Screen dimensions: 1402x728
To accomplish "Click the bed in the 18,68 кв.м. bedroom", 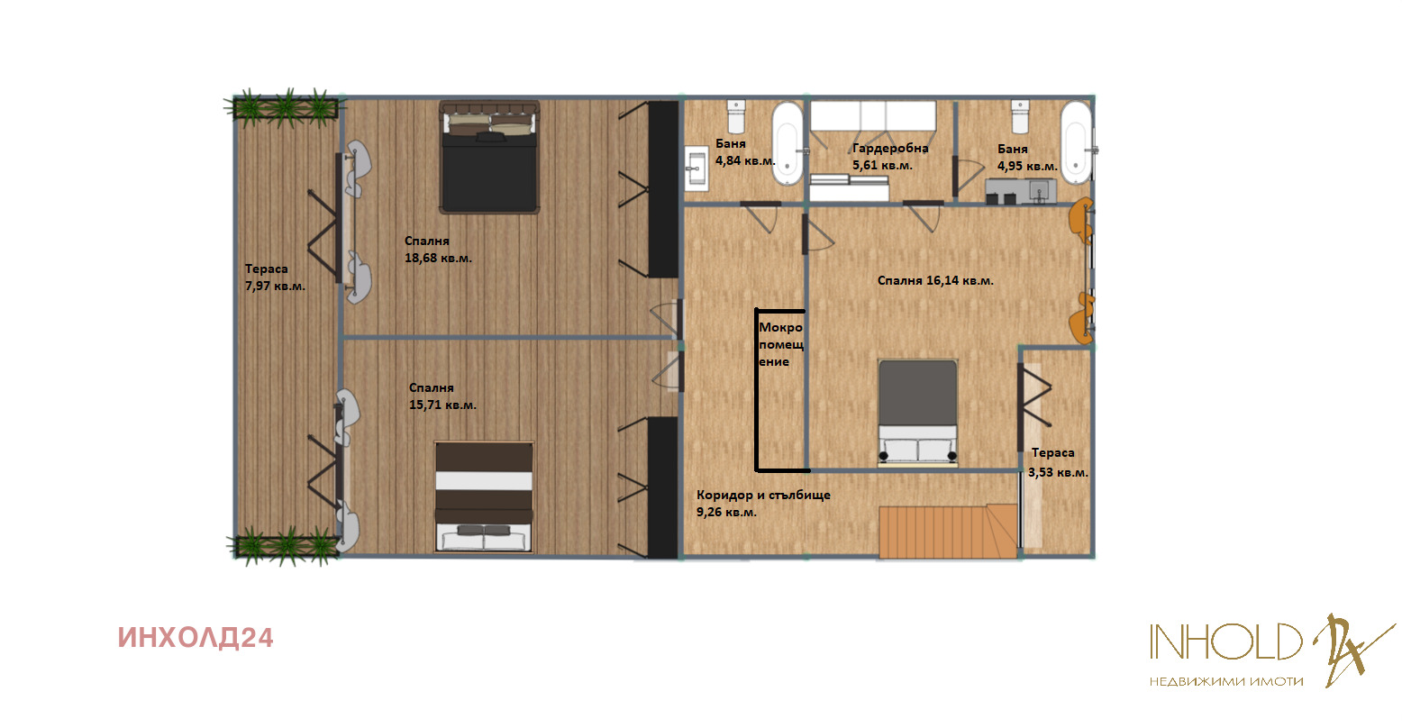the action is click(x=489, y=157).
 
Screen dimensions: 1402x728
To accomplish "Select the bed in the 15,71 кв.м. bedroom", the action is click(x=484, y=497).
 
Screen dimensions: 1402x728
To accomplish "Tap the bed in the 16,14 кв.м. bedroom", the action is click(x=917, y=414).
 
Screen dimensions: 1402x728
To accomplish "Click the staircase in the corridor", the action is click(x=948, y=531).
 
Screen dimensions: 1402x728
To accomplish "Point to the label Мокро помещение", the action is click(x=780, y=344).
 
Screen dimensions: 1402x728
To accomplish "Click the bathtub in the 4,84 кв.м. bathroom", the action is click(x=787, y=143).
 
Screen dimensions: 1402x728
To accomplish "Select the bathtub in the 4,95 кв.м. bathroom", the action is click(x=1076, y=142).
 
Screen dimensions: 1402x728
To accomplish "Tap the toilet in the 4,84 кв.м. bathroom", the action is click(x=736, y=116).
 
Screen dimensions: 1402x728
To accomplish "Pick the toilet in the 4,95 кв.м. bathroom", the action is click(x=1020, y=116).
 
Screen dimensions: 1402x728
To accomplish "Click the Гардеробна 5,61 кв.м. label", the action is click(x=890, y=157).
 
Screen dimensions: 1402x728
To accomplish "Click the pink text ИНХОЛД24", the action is click(x=196, y=638).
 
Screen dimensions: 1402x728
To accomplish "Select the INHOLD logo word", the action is click(x=1225, y=641).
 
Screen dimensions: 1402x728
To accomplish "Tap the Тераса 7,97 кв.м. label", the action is click(x=275, y=278).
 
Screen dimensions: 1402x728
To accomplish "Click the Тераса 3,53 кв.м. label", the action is click(x=1058, y=462).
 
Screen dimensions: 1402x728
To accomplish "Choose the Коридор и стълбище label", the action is click(x=763, y=495).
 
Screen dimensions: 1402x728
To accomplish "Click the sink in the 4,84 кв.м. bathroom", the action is click(x=696, y=168).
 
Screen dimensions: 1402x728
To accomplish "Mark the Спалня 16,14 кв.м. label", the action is click(x=935, y=280).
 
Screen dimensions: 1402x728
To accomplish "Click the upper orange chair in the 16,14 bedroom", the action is click(x=1081, y=220).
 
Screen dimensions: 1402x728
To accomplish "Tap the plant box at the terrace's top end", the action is click(x=286, y=108).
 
